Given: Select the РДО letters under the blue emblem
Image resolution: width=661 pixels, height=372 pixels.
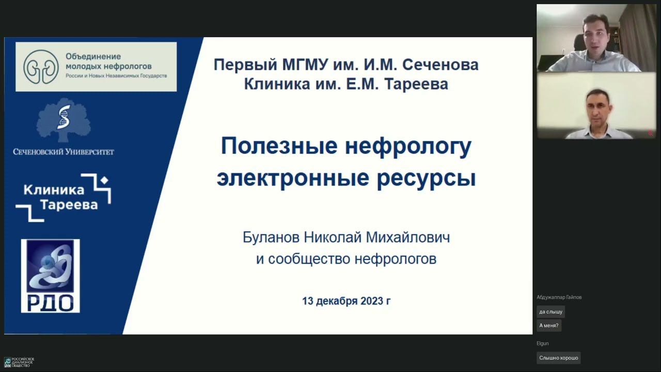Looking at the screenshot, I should (x=50, y=303).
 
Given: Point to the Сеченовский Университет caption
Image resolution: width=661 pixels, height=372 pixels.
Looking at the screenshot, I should (x=64, y=152).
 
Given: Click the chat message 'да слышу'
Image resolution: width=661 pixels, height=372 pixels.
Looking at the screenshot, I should (x=550, y=312).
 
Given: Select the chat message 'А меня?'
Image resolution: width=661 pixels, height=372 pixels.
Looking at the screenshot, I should (x=548, y=326).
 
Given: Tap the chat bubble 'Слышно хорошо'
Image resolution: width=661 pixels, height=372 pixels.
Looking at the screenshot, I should (x=558, y=358).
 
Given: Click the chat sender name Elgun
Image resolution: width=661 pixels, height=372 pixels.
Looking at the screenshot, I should (x=543, y=344).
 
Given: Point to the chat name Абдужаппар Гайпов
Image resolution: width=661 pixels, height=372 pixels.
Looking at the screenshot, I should (x=559, y=297).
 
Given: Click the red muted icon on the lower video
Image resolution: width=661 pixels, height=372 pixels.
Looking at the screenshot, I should (x=650, y=133).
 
